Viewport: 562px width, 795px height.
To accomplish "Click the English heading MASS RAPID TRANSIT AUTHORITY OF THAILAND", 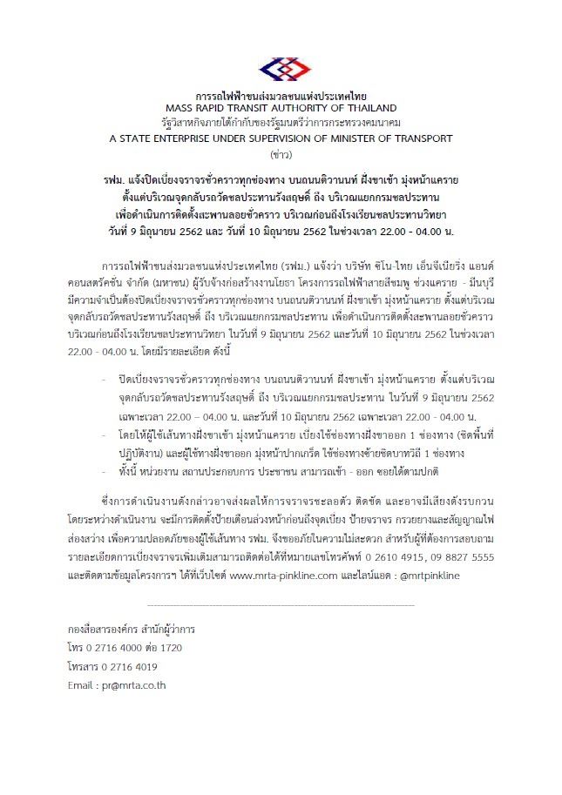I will click(x=281, y=107).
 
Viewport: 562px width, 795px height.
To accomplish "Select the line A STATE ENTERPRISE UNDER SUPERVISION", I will click(x=281, y=138).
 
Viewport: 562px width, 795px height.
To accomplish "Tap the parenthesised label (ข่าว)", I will click(x=281, y=152).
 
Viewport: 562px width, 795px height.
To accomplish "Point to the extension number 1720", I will click(x=172, y=648).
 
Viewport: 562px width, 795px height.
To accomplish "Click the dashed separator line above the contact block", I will click(x=281, y=602).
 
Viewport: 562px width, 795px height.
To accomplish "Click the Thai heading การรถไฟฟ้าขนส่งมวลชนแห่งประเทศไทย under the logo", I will click(x=281, y=94).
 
